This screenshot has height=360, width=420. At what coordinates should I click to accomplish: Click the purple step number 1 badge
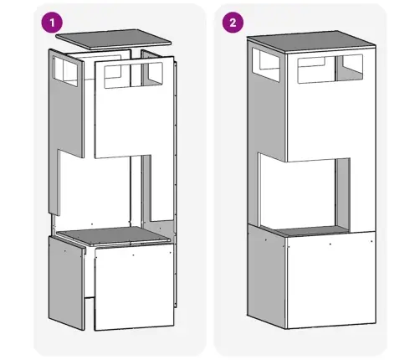click(x=52, y=23)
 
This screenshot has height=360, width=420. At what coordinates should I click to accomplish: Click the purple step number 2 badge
click(x=233, y=23)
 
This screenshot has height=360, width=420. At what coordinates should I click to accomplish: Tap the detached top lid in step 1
click(x=113, y=39)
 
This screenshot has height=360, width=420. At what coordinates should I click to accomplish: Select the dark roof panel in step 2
click(x=311, y=42)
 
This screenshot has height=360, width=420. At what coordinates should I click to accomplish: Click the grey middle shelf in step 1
click(x=113, y=235)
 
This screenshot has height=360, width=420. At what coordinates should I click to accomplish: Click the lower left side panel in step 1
click(x=66, y=282)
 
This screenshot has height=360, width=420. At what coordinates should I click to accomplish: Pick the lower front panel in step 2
click(x=331, y=280)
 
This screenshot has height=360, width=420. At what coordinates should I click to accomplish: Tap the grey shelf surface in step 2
click(x=312, y=230)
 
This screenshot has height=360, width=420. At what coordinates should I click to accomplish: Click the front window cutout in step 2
click(x=330, y=69)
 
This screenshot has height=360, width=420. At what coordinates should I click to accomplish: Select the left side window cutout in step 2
click(x=266, y=64)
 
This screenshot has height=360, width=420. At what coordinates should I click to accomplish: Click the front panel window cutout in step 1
click(x=133, y=75)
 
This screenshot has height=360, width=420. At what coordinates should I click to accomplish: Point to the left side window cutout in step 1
click(x=65, y=70)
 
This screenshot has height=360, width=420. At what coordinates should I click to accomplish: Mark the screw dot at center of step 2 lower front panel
click(x=330, y=244)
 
